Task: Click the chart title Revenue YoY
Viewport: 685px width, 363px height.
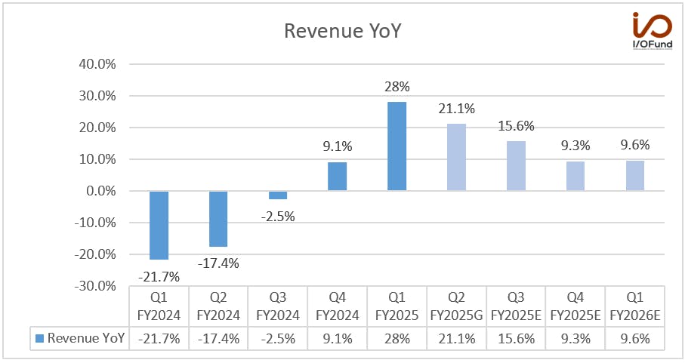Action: click(343, 31)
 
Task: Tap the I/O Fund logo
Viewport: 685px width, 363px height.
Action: click(653, 30)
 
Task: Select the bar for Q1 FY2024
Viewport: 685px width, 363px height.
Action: click(159, 225)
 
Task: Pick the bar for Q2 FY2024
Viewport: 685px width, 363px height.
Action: click(218, 219)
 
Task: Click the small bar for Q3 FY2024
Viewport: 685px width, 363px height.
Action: click(278, 195)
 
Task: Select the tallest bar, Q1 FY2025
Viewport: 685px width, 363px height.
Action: click(396, 146)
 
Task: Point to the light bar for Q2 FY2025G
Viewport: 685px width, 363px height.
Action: click(456, 157)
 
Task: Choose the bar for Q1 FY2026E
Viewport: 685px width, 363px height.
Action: click(635, 175)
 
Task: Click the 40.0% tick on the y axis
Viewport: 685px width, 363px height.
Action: click(97, 64)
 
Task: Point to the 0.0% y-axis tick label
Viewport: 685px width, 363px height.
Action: click(101, 191)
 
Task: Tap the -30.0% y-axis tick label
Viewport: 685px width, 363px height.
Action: click(95, 286)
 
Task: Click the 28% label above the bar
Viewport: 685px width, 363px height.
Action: click(397, 87)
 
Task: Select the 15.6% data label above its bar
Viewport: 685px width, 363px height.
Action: click(517, 126)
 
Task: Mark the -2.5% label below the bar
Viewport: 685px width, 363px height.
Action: click(278, 217)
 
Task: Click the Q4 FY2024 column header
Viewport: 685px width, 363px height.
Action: click(338, 306)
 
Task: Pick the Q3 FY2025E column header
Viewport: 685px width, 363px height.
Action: click(516, 306)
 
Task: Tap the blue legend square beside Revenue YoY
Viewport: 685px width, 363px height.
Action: click(39, 339)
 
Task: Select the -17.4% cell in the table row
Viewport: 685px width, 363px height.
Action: click(218, 339)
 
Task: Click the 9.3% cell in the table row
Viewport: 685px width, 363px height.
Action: click(575, 339)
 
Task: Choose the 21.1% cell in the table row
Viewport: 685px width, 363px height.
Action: click(456, 339)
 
